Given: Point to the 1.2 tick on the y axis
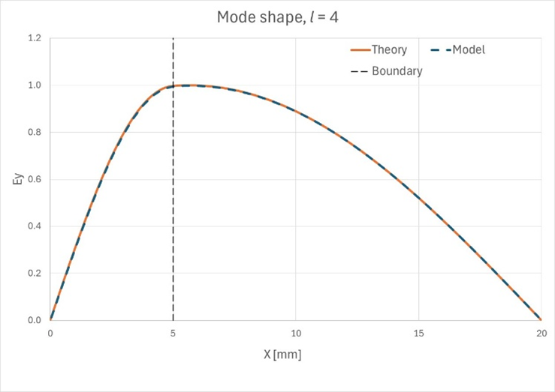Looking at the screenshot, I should pos(35,38).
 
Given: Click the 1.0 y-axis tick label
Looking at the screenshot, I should pos(35,85).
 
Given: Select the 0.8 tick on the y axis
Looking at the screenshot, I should pos(35,133).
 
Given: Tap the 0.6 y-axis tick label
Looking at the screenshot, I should pos(35,179).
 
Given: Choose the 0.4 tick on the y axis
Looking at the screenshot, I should pos(35,226).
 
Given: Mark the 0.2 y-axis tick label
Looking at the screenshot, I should pos(35,274).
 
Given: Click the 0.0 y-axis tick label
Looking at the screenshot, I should pos(35,320).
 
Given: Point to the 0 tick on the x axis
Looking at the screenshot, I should pos(50,332).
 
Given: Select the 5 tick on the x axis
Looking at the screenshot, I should pos(173,332).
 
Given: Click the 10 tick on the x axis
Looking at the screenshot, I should pos(296,332).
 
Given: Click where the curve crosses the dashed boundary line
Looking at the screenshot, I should pos(173,86).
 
